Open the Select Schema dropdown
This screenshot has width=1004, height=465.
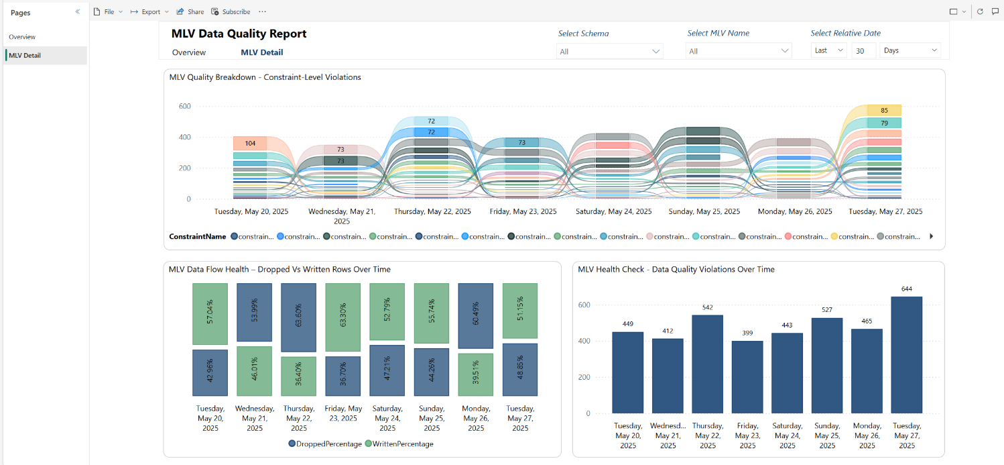609,51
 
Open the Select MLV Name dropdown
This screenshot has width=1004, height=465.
738,51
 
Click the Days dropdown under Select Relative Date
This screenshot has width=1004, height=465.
909,50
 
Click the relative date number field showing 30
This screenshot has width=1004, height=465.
863,50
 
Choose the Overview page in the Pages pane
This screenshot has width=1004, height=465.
22,37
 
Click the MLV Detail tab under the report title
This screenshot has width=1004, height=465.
261,52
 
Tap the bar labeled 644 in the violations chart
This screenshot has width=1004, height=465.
907,354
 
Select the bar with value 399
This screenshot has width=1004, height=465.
747,376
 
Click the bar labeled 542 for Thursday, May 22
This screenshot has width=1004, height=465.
707,364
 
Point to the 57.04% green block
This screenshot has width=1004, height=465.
210,314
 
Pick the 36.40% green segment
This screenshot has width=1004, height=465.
298,376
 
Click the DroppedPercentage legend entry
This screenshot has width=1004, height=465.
324,444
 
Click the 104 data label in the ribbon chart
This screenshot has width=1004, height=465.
250,144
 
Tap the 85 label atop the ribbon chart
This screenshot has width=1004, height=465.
884,110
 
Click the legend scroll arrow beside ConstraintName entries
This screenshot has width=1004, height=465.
931,236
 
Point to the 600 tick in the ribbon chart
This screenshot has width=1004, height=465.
184,106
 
